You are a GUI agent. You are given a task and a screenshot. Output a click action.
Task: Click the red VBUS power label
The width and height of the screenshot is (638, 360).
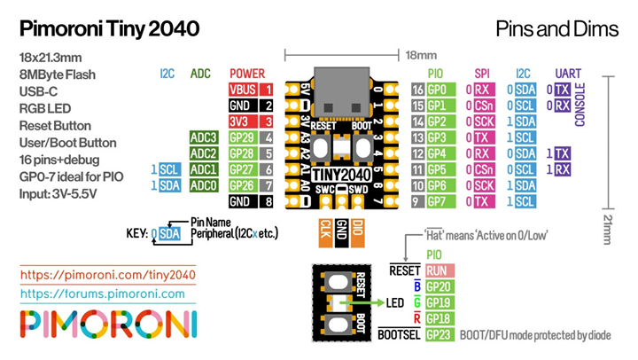pyautogui.click(x=243, y=90)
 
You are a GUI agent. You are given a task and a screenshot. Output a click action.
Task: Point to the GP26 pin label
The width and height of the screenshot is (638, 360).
pyautogui.click(x=243, y=185)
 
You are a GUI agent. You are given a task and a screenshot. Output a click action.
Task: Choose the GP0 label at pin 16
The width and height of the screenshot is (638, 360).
pyautogui.click(x=437, y=90)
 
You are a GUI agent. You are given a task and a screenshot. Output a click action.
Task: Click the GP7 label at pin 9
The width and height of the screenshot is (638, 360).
pyautogui.click(x=437, y=201)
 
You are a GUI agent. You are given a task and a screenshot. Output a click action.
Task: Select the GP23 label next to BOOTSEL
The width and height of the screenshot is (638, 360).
pyautogui.click(x=440, y=334)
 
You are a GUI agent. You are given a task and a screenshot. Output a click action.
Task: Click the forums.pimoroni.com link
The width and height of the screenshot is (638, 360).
pyautogui.click(x=102, y=293)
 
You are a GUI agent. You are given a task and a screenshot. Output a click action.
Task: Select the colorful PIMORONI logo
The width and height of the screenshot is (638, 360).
pyautogui.click(x=107, y=325)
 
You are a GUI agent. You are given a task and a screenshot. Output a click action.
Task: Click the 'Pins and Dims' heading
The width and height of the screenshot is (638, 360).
pyautogui.click(x=556, y=28)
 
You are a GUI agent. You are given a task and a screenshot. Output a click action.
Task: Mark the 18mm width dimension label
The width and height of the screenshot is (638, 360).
pyautogui.click(x=416, y=56)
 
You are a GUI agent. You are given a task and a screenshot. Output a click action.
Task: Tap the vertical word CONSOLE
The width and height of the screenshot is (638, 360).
pyautogui.click(x=580, y=106)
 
